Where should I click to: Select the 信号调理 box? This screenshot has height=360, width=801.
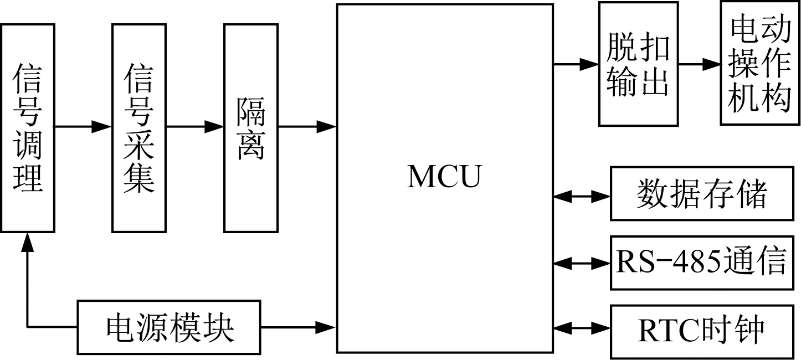(28, 128)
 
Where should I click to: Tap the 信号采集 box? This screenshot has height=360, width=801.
(139, 128)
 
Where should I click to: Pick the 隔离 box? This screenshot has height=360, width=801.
(251, 128)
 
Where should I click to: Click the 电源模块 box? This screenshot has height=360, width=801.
(168, 327)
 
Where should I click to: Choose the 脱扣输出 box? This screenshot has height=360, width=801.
(638, 64)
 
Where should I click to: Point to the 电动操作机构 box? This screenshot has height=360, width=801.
(760, 63)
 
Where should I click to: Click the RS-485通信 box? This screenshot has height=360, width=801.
(701, 262)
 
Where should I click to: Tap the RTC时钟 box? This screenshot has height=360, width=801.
(701, 330)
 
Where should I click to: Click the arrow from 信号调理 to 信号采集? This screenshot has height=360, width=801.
(83, 127)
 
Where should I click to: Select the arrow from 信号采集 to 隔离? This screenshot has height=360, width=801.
(195, 127)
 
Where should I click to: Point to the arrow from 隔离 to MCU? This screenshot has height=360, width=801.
(307, 127)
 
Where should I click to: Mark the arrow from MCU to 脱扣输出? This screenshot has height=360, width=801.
(576, 64)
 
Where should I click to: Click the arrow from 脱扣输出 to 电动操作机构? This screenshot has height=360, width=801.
(699, 64)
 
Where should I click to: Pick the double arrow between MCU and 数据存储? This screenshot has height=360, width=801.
(582, 196)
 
